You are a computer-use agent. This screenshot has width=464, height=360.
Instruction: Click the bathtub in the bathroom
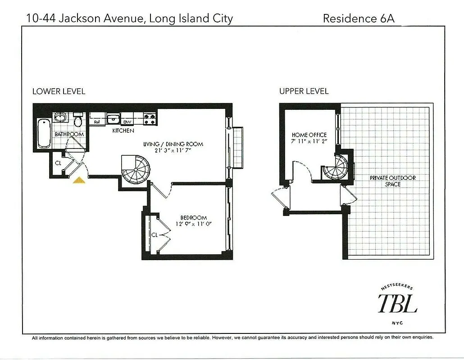[43, 133]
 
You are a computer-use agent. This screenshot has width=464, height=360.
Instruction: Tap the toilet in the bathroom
[77, 120]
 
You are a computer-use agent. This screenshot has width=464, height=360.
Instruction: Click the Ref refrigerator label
[97, 122]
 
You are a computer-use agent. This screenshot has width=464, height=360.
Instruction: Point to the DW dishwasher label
[127, 122]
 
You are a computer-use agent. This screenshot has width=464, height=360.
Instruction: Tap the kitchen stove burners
[150, 119]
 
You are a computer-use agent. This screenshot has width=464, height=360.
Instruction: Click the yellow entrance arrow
[79, 180]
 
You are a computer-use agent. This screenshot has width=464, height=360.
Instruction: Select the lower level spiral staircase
[137, 170]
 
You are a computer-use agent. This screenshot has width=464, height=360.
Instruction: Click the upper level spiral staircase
[337, 166]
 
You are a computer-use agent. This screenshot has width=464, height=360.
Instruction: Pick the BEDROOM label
[193, 217]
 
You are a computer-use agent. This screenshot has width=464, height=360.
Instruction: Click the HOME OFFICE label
[309, 135]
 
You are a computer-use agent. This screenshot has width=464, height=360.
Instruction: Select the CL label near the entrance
[58, 163]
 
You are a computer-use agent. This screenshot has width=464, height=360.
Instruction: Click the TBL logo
[397, 302]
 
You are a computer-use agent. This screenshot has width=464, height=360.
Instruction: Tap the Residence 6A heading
[359, 18]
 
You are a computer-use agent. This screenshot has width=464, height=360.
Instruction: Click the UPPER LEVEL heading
[304, 91]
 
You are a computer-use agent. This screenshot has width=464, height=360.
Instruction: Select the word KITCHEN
[123, 131]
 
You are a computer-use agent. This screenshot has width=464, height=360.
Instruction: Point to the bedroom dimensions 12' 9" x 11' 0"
[193, 224]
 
